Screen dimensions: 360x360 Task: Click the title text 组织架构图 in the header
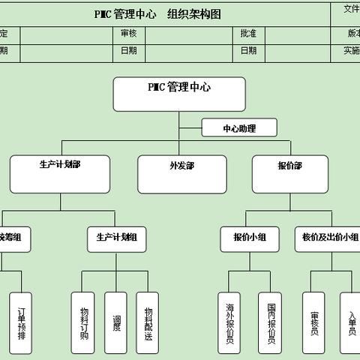pos(194,13)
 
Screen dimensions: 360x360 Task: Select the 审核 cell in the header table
pos(128,33)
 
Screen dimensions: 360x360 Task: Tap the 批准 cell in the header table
pos(248,33)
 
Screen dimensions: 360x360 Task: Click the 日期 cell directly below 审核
pos(128,51)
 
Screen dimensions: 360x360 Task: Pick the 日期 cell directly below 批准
pos(248,51)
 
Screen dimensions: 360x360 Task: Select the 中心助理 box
pos(239,128)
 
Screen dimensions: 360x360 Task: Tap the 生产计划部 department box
pos(60,175)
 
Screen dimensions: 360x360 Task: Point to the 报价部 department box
pos(289,175)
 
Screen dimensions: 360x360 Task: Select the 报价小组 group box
pos(249,238)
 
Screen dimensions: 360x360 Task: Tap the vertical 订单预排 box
pos(22,322)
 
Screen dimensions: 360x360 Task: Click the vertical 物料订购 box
pos(83,322)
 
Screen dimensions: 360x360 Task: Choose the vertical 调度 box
pos(116,322)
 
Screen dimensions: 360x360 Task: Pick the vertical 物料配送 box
pos(148,322)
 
